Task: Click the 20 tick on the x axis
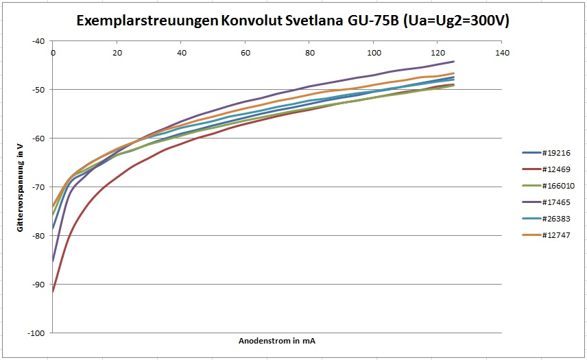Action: (x=117, y=52)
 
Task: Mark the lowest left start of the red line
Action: (x=53, y=291)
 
